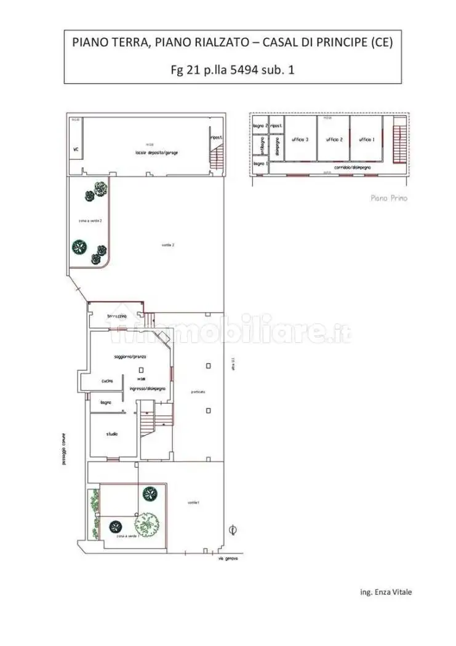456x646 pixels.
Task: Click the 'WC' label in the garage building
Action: click(75, 149)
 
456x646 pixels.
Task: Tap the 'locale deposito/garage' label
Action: click(157, 152)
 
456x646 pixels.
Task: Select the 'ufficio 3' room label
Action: click(300, 140)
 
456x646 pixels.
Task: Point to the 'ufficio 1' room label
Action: click(367, 140)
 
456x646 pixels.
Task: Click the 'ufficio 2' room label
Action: click(334, 140)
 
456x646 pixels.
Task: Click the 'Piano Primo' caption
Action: click(389, 198)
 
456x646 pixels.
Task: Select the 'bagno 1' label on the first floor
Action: click(260, 164)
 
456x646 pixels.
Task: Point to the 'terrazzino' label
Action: click(116, 316)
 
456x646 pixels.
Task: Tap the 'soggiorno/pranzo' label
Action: click(129, 357)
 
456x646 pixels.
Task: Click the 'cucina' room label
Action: click(107, 381)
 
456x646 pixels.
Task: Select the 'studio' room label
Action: click(111, 434)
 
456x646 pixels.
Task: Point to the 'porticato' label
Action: click(198, 391)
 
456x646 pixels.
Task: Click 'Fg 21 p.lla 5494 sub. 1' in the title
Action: click(232, 70)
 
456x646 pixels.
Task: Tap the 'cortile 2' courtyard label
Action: click(168, 245)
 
